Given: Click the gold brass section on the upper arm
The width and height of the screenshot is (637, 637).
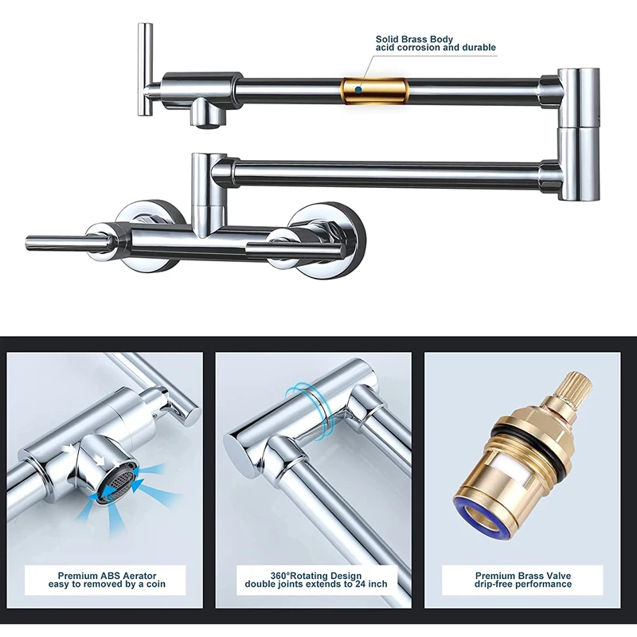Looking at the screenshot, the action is point(374,90).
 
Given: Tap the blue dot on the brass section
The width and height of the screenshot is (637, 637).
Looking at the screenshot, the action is point(358,89).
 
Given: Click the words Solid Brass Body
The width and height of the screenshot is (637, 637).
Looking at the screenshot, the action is point(414,39).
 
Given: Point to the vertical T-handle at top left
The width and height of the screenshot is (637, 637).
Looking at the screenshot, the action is point(145,69).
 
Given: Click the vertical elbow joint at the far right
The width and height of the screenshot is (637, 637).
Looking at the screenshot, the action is point(579,134).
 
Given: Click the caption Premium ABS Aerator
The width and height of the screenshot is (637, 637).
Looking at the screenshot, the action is point(107,576).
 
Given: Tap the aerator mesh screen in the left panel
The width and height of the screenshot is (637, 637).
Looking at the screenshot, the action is point(116,483).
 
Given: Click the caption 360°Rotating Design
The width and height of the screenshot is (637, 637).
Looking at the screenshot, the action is point(315,576).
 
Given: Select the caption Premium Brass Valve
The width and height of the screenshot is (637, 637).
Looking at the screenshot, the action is point(523,576).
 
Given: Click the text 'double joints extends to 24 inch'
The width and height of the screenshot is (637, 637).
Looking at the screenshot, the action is point(315,584).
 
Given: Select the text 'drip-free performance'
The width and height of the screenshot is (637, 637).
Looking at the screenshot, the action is point(523,584).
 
